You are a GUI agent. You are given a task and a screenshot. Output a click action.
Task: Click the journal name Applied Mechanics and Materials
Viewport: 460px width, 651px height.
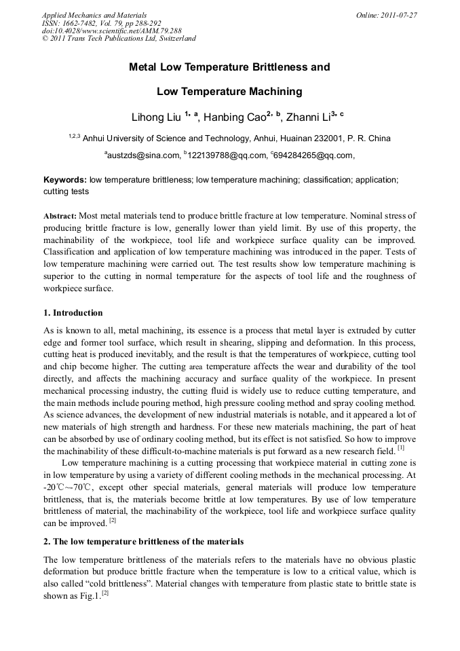[94, 14]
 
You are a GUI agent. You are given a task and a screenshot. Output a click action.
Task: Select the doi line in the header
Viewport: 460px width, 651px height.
[102, 31]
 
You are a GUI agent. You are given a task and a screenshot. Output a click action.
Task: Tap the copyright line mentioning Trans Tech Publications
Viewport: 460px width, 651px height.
[119, 39]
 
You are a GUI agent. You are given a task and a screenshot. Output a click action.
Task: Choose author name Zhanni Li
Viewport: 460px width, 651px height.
[308, 117]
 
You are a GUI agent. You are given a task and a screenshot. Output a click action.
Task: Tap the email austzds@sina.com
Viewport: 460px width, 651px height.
[144, 155]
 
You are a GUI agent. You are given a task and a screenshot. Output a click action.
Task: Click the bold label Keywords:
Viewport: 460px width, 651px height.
[65, 181]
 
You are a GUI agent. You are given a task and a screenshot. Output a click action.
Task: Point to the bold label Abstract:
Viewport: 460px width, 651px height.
[60, 215]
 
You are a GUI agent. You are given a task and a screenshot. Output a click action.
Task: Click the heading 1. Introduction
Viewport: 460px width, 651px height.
[73, 313]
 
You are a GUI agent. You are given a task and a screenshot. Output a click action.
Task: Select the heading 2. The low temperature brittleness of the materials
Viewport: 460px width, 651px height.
[143, 542]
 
